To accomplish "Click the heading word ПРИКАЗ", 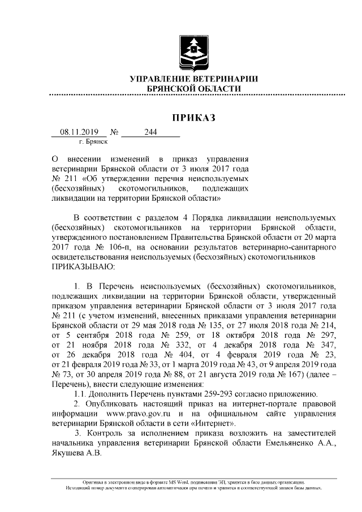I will [194, 118].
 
